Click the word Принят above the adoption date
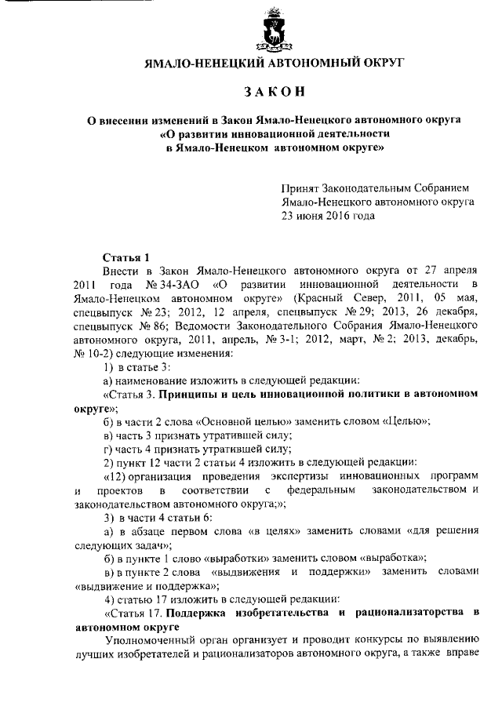(x=302, y=188)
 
